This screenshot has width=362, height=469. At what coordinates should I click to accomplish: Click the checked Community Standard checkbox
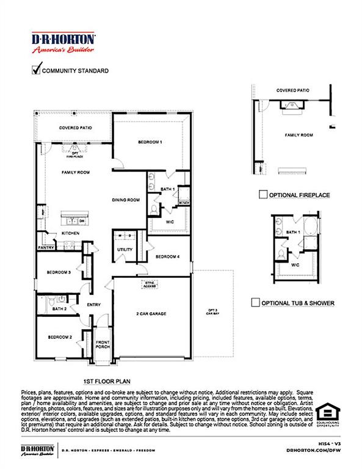click(35, 70)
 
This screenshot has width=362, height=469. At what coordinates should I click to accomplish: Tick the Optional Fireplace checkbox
click(262, 195)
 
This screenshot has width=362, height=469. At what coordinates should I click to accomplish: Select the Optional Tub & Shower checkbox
click(255, 303)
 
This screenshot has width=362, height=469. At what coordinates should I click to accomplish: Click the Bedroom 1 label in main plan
click(150, 142)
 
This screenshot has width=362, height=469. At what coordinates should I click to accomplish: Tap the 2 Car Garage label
click(151, 314)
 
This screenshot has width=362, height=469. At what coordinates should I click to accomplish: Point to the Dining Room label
click(126, 200)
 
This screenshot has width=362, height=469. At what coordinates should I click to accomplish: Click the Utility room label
click(125, 250)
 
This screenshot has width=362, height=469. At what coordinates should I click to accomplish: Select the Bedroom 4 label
click(167, 257)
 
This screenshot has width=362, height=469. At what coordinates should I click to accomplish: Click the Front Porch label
click(102, 344)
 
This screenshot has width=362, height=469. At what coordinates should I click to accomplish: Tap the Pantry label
click(46, 247)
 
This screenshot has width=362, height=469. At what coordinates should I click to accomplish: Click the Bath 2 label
click(59, 309)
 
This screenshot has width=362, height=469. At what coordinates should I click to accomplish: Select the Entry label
click(93, 305)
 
